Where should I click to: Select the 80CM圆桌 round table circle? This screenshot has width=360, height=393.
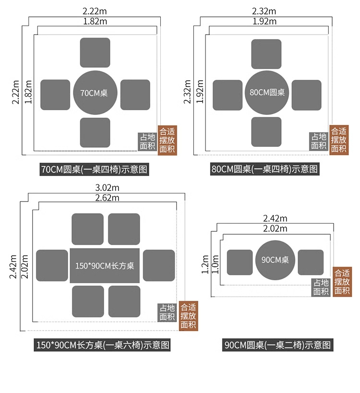pyautogui.click(x=266, y=93)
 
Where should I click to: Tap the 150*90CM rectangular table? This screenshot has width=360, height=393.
pyautogui.click(x=105, y=265)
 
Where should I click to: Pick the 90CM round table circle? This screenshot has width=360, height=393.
pyautogui.click(x=275, y=260)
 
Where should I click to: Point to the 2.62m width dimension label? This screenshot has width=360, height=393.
pyautogui.click(x=107, y=197)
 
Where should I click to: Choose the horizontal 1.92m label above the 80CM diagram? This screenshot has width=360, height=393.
pyautogui.click(x=264, y=21)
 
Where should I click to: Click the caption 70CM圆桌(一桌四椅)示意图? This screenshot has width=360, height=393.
pyautogui.click(x=94, y=169)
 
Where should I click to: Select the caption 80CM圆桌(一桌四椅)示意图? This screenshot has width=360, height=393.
pyautogui.click(x=264, y=169)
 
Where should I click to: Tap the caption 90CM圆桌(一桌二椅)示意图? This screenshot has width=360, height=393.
pyautogui.click(x=278, y=345)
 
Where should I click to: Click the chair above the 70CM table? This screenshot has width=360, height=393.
pyautogui.click(x=95, y=53)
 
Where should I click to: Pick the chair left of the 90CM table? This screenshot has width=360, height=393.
pyautogui.click(x=239, y=262)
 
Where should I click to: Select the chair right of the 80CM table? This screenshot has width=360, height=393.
pyautogui.click(x=306, y=95)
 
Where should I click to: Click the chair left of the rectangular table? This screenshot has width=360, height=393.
pyautogui.click(x=52, y=265)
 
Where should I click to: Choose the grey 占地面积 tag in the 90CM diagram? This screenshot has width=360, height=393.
pyautogui.click(x=321, y=287)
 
